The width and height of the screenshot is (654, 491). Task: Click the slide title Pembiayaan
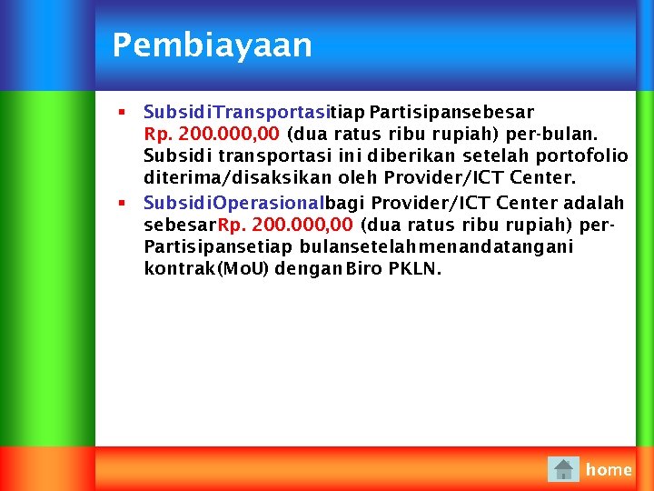pyautogui.click(x=212, y=45)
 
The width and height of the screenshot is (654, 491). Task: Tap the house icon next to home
pyautogui.click(x=564, y=469)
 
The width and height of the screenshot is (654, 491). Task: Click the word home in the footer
pyautogui.click(x=609, y=469)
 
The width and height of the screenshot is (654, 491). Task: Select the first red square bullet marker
pyautogui.click(x=121, y=112)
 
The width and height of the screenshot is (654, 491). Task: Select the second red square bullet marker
pyautogui.click(x=121, y=201)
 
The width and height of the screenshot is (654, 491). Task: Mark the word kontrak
pyautogui.click(x=177, y=269)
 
